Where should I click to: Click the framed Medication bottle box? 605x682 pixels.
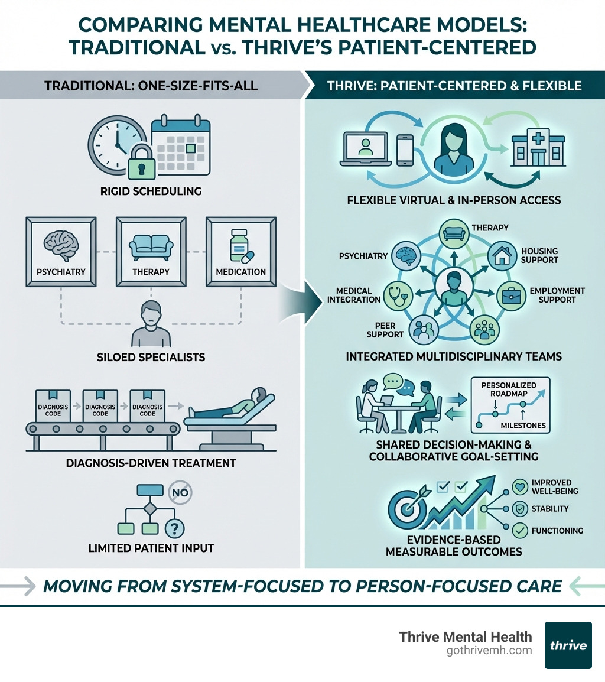[x=240, y=251]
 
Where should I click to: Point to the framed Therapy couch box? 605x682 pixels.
[x=151, y=251]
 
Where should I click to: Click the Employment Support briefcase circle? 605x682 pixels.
[x=512, y=294]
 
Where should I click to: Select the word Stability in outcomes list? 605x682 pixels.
[x=549, y=508]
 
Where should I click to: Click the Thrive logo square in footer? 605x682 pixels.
[x=568, y=645]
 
